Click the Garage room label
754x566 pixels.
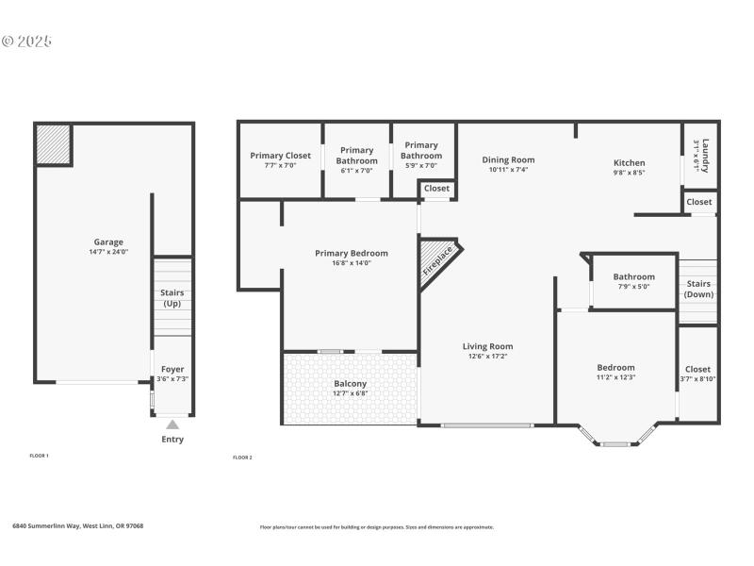pyautogui.click(x=108, y=242)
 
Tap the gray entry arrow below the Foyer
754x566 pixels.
pyautogui.click(x=172, y=425)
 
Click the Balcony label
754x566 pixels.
pyautogui.click(x=350, y=384)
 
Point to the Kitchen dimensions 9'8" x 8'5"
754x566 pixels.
pyautogui.click(x=629, y=173)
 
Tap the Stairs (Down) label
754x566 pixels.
pyautogui.click(x=698, y=289)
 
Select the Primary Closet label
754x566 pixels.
pyautogui.click(x=280, y=156)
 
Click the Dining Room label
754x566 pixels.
pyautogui.click(x=508, y=160)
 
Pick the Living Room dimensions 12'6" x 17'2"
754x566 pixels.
pyautogui.click(x=487, y=357)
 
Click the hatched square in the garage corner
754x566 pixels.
pyautogui.click(x=54, y=144)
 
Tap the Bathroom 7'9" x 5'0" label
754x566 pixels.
pyautogui.click(x=633, y=277)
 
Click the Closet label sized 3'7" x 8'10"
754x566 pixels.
pyautogui.click(x=698, y=370)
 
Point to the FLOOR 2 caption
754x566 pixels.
pyautogui.click(x=242, y=458)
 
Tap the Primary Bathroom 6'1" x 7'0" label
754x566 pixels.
pyautogui.click(x=356, y=156)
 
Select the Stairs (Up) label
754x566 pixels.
pyautogui.click(x=172, y=298)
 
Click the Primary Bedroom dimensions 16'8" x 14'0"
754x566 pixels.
pyautogui.click(x=351, y=263)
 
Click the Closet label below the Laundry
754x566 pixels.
pyautogui.click(x=699, y=202)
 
